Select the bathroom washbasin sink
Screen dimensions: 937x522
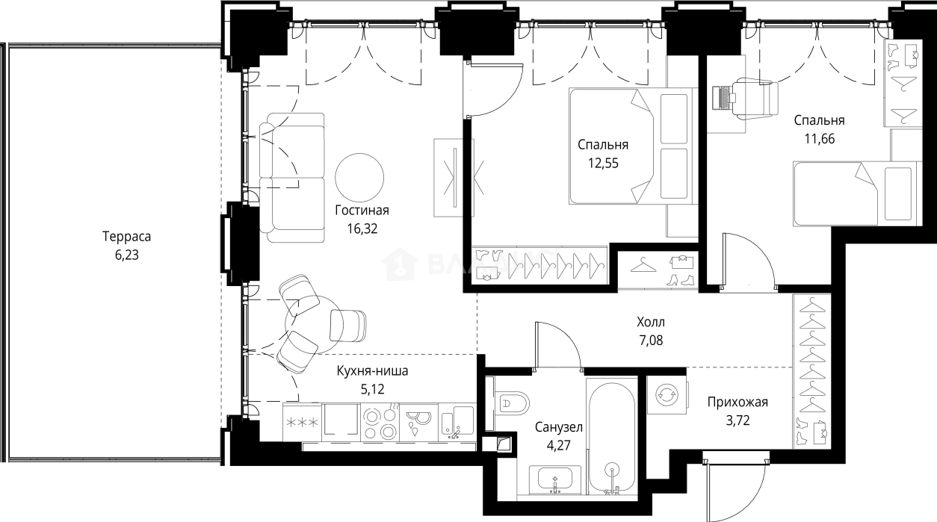tap(555, 480)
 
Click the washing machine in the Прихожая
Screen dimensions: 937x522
tap(667, 395)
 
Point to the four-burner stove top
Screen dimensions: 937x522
tap(380, 422)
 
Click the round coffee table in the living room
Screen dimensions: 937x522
tap(359, 177)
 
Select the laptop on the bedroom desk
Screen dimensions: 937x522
tap(723, 98)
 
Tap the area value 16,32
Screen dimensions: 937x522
tap(362, 229)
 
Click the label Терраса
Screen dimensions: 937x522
tap(127, 237)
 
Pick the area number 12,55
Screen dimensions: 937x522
tap(603, 163)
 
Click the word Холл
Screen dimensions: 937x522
tap(651, 322)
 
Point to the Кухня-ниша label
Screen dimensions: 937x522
tap(372, 370)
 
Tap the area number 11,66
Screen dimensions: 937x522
tap(820, 138)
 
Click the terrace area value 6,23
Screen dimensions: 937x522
tap(127, 255)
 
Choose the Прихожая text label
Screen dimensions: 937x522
tap(738, 403)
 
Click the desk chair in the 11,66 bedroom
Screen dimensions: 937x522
tap(756, 98)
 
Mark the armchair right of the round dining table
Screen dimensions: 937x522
tap(348, 326)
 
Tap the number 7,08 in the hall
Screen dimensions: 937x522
tap(651, 341)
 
